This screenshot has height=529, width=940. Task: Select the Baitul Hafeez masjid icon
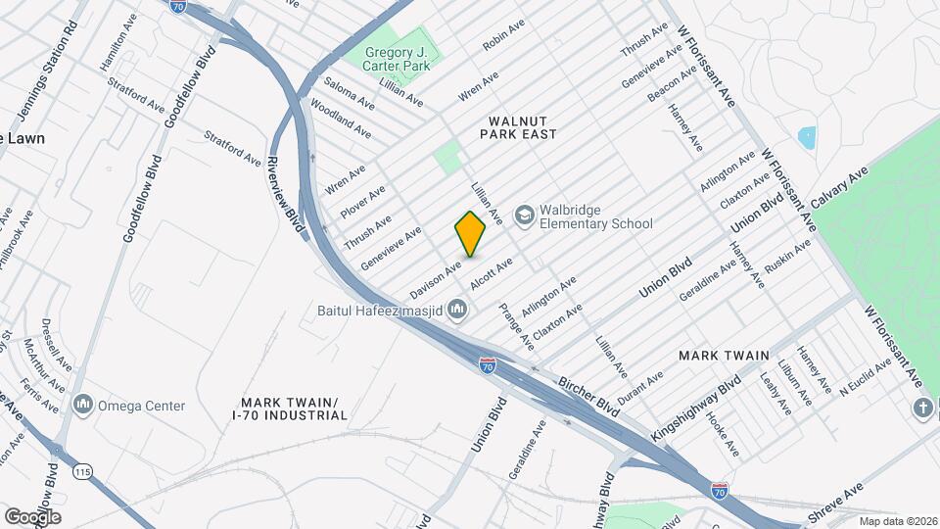(456, 311)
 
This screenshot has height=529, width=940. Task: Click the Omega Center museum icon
(82, 405)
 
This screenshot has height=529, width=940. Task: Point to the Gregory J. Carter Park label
(398, 59)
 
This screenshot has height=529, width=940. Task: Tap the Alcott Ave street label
(492, 273)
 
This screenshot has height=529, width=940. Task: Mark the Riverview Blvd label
(286, 192)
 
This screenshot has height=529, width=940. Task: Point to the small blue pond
(807, 137)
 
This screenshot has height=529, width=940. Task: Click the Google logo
(32, 516)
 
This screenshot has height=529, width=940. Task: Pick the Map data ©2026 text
(898, 521)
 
